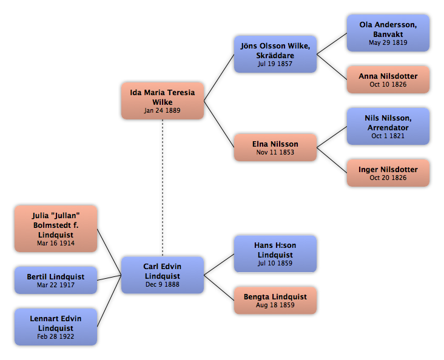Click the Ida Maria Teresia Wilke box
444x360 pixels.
163,101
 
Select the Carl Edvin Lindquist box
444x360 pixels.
163,275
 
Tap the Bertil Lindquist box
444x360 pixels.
56,280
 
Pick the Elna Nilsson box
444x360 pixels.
275,147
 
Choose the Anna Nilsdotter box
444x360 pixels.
388,79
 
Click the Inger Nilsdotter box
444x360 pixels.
388,173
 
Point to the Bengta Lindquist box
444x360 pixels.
275,300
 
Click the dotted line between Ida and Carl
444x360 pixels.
163,188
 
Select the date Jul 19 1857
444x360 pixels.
275,64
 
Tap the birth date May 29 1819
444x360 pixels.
388,42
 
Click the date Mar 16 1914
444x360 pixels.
56,243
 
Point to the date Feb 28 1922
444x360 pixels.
56,336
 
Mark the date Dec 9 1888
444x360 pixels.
162,284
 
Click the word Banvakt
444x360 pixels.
388,35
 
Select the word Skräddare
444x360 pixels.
275,56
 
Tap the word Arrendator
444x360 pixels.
388,128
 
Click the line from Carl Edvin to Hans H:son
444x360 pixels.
219,264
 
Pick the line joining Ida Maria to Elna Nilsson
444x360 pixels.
219,124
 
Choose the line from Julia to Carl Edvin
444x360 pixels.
109,252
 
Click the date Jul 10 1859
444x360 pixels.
275,263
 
